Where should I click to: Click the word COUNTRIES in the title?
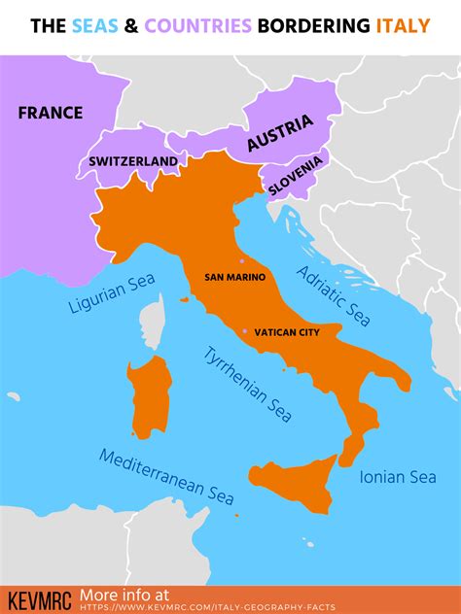point(200,25)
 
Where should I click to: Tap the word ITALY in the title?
point(403,25)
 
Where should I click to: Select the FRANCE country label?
point(51,113)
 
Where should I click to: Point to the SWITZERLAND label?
point(133,161)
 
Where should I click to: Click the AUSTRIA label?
point(280,133)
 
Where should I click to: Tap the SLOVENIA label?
point(298,172)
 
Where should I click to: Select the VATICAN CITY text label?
point(286,332)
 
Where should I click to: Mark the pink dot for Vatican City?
point(244,331)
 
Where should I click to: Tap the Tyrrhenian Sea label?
point(247,383)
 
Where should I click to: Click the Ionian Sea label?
point(398,477)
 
